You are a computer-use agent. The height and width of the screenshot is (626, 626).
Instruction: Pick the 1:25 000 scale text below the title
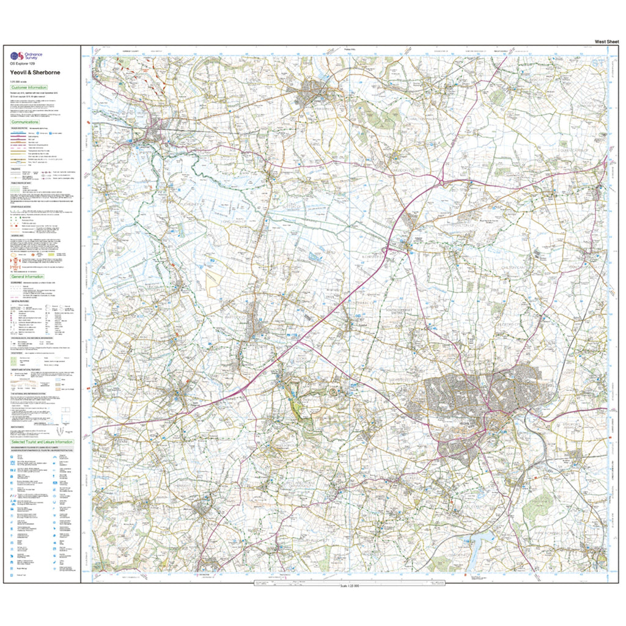tap(18, 81)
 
